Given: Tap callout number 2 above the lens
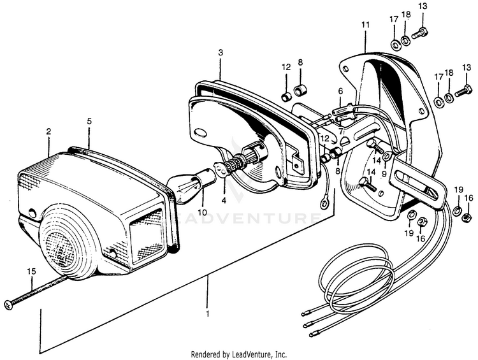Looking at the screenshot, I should (x=48, y=132).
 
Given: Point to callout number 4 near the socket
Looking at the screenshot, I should (x=224, y=200).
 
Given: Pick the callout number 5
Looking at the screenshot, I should (x=89, y=120).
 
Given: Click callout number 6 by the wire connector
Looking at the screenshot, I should (x=340, y=91).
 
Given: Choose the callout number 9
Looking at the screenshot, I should (x=384, y=173).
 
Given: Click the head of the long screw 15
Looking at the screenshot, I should (x=7, y=305).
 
